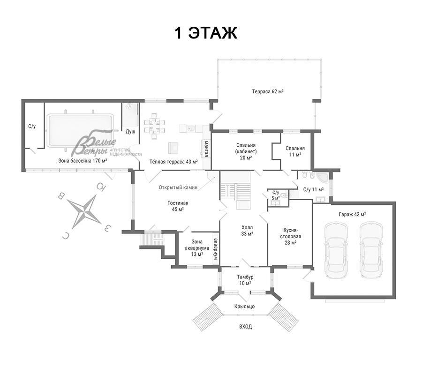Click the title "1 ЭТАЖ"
click(x=206, y=33)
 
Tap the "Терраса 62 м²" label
click(x=268, y=91)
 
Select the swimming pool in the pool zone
click(x=80, y=130)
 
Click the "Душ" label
click(x=130, y=132)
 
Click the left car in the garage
click(x=336, y=250)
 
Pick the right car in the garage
click(x=371, y=250)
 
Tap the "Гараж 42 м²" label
click(x=352, y=214)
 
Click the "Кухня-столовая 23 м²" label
click(x=290, y=236)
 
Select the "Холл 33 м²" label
click(x=247, y=231)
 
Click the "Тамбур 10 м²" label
click(x=245, y=280)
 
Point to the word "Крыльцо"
click(x=244, y=307)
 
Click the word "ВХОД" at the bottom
click(x=245, y=327)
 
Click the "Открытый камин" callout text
click(x=178, y=187)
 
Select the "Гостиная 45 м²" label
click(x=178, y=206)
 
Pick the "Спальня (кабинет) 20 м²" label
click(x=246, y=151)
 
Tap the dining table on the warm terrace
click(x=154, y=126)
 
